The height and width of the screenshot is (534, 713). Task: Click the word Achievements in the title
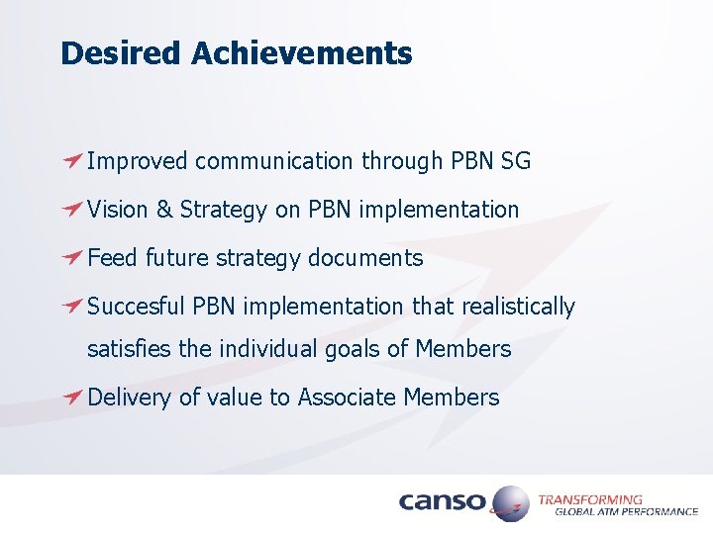coord(301,53)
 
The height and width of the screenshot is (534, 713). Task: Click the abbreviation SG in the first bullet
coord(516,161)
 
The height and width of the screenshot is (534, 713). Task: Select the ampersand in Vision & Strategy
coord(163,210)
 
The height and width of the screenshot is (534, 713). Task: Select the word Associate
coord(347,398)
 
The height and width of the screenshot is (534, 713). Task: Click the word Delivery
coord(130,398)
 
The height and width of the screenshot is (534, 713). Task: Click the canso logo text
coord(443,502)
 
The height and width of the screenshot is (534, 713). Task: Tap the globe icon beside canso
coord(511,503)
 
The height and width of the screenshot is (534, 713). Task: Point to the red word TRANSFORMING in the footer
coord(589,499)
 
